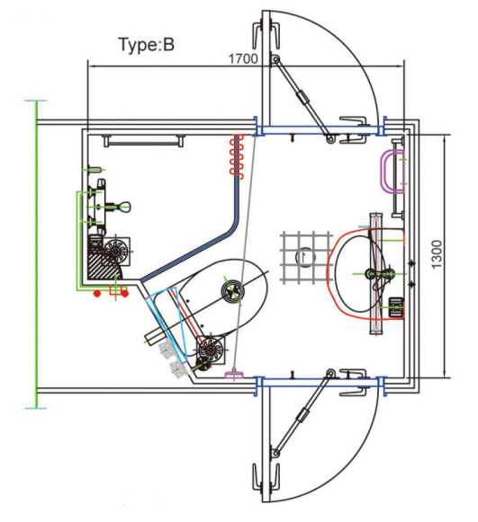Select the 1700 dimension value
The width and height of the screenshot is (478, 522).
[243, 58]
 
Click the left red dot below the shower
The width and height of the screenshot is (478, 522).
[95, 293]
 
